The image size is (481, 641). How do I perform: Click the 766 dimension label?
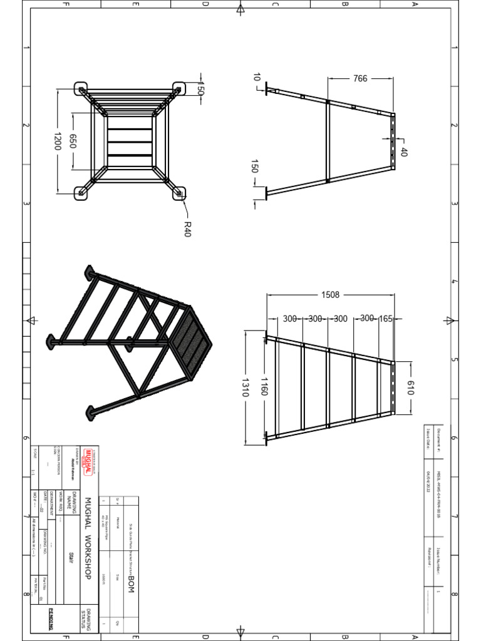pos(359,79)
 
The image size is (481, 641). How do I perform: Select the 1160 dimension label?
pos(264,387)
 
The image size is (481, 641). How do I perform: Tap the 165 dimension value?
pos(385,319)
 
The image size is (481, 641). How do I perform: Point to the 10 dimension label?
pos(256,77)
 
